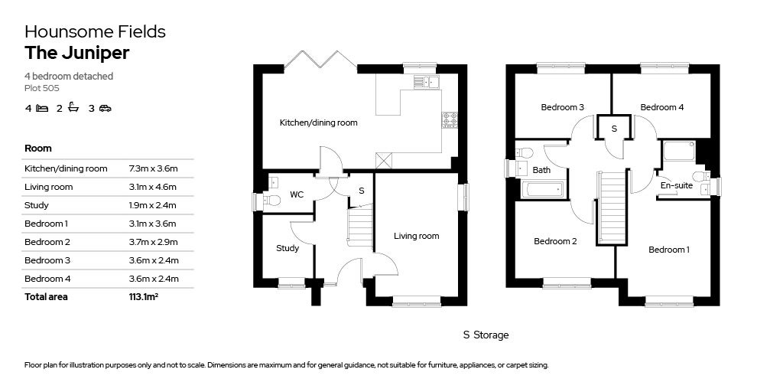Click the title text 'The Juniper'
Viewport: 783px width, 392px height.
click(76, 53)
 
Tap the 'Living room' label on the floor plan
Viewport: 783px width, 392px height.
click(416, 236)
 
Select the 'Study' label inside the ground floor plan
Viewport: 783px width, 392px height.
click(288, 248)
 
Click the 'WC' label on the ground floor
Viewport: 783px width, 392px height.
click(297, 194)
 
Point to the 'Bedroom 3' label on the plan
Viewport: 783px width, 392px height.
click(562, 107)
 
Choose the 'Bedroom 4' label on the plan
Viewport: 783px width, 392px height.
click(661, 107)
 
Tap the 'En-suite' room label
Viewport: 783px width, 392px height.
click(676, 185)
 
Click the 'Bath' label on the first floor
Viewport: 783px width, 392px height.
click(541, 170)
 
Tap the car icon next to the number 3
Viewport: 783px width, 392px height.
click(105, 108)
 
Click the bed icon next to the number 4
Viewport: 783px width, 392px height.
click(42, 108)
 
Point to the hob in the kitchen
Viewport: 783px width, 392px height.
click(450, 119)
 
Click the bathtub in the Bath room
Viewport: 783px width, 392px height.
click(543, 189)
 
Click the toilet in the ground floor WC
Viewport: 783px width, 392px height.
click(270, 201)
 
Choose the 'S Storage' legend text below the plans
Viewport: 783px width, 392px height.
click(486, 335)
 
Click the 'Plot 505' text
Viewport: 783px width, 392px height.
click(40, 89)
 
